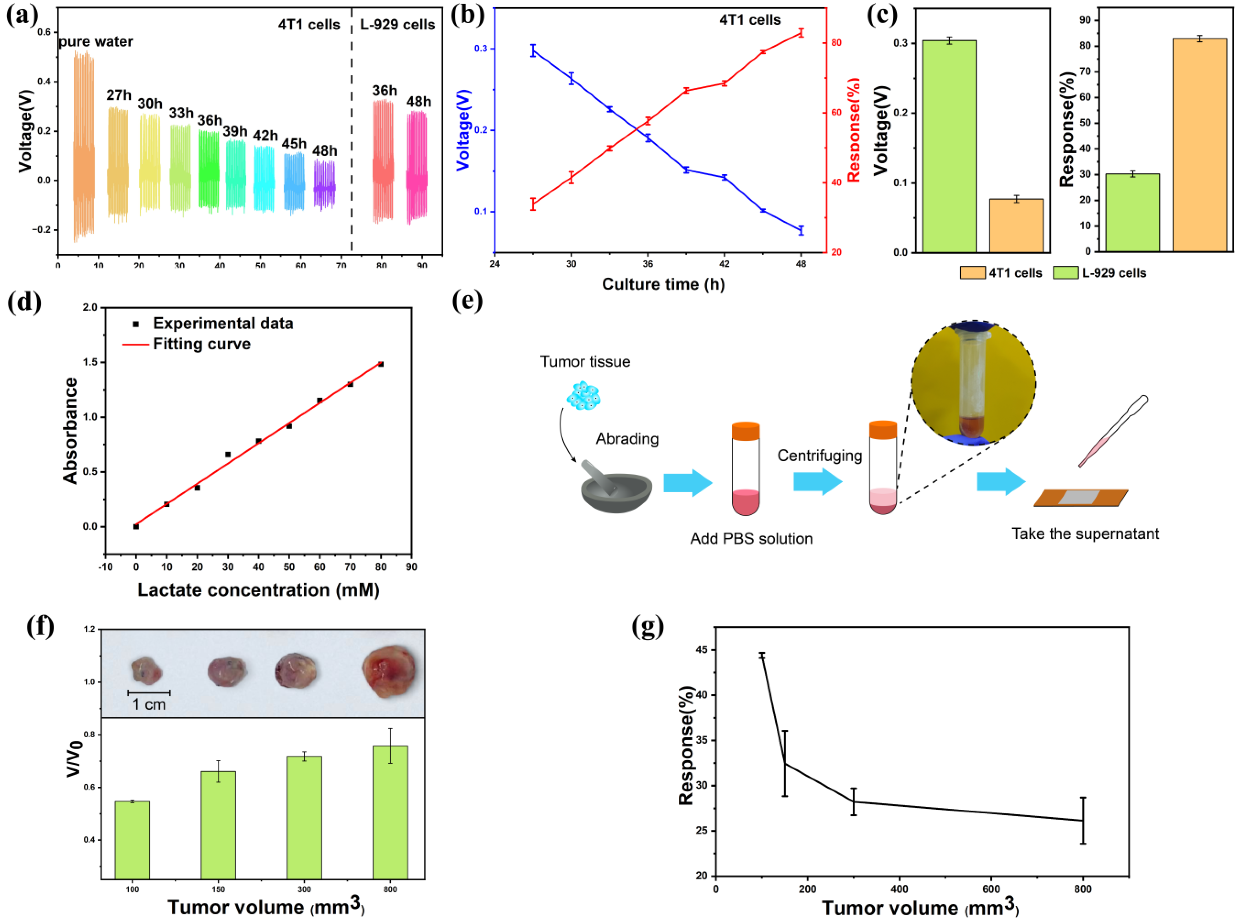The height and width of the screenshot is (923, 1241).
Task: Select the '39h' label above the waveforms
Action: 235,131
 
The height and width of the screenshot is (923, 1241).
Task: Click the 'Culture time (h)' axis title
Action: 663,284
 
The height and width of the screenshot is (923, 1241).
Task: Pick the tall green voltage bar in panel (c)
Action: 949,145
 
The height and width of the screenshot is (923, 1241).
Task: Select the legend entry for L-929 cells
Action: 1100,273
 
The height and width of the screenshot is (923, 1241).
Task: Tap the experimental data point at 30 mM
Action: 228,454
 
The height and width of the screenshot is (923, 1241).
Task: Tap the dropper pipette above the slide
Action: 1112,431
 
